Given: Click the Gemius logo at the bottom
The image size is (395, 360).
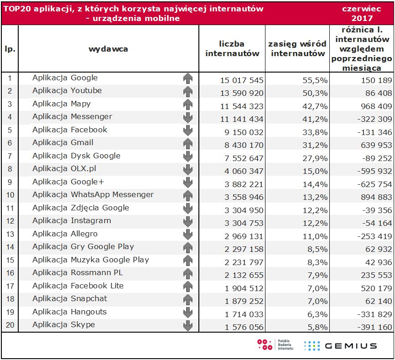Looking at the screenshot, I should click(x=340, y=345).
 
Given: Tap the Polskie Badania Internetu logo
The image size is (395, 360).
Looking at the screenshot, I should click(x=276, y=345).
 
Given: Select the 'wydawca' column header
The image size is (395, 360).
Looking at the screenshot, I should click(x=108, y=49).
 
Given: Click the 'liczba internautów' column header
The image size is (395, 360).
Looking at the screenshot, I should click(x=232, y=49).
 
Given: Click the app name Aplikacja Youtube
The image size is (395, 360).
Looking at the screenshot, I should click(x=67, y=91).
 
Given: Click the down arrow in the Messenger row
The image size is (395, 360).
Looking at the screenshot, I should click(x=187, y=117).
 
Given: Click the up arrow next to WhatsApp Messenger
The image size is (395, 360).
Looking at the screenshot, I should click(x=187, y=195).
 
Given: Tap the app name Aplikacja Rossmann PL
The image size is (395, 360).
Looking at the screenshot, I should click(x=78, y=273).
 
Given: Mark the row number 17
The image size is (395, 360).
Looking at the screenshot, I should click(x=10, y=288).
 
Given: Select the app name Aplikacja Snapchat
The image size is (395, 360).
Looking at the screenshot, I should click(x=70, y=299).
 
